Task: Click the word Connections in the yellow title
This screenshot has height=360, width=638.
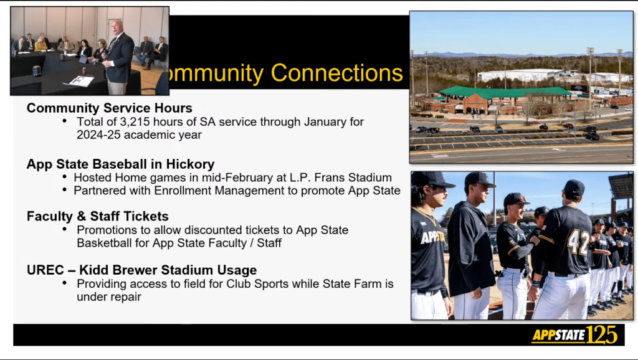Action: click(336, 73)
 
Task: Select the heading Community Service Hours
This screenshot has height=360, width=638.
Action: click(110, 108)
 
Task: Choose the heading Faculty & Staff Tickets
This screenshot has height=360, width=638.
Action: click(98, 216)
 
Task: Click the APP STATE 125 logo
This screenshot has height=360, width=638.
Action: click(574, 335)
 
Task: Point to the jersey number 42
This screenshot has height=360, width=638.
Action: click(578, 242)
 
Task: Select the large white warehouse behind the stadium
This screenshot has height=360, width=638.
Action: click(521, 75)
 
